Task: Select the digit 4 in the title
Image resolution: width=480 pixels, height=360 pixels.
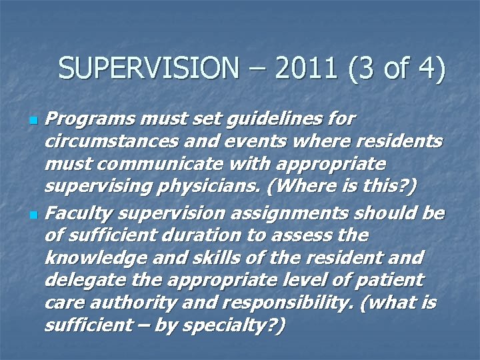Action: click(428, 69)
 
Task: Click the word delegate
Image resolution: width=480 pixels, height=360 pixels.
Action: click(77, 281)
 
